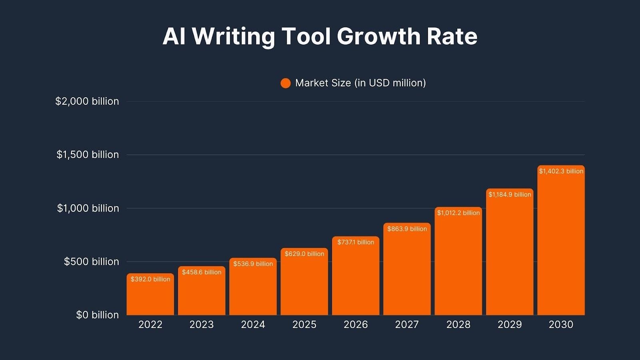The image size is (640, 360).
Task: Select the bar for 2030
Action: [x=561, y=244]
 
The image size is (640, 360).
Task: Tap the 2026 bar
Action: [x=356, y=280]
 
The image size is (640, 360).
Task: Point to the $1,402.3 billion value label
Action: [x=561, y=171]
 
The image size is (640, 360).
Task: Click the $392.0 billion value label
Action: [x=150, y=279]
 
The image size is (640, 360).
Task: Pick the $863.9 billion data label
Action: [x=407, y=229]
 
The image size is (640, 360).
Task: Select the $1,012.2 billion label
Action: [x=458, y=213]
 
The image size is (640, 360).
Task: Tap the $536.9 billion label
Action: [x=253, y=264]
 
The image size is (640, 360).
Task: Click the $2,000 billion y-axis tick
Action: [x=87, y=101]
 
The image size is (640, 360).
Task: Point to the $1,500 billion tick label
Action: [x=88, y=154]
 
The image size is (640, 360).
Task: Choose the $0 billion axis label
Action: [x=98, y=315]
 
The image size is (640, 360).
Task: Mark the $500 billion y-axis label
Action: [x=92, y=262]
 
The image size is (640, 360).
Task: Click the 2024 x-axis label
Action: [x=253, y=324]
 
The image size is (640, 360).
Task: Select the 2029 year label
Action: [x=510, y=324]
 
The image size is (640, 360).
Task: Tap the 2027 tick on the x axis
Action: [x=407, y=324]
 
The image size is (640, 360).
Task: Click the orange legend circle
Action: [x=286, y=83]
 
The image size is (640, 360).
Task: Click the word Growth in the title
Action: [x=378, y=36]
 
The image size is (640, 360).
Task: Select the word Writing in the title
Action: [x=234, y=36]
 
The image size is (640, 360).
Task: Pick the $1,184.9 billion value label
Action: [x=510, y=194]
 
